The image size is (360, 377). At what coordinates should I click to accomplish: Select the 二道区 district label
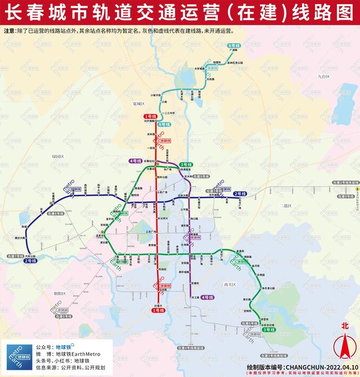[286, 206]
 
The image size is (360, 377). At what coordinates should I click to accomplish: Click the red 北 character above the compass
[345, 325]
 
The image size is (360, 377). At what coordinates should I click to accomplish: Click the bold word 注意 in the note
[10, 32]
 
